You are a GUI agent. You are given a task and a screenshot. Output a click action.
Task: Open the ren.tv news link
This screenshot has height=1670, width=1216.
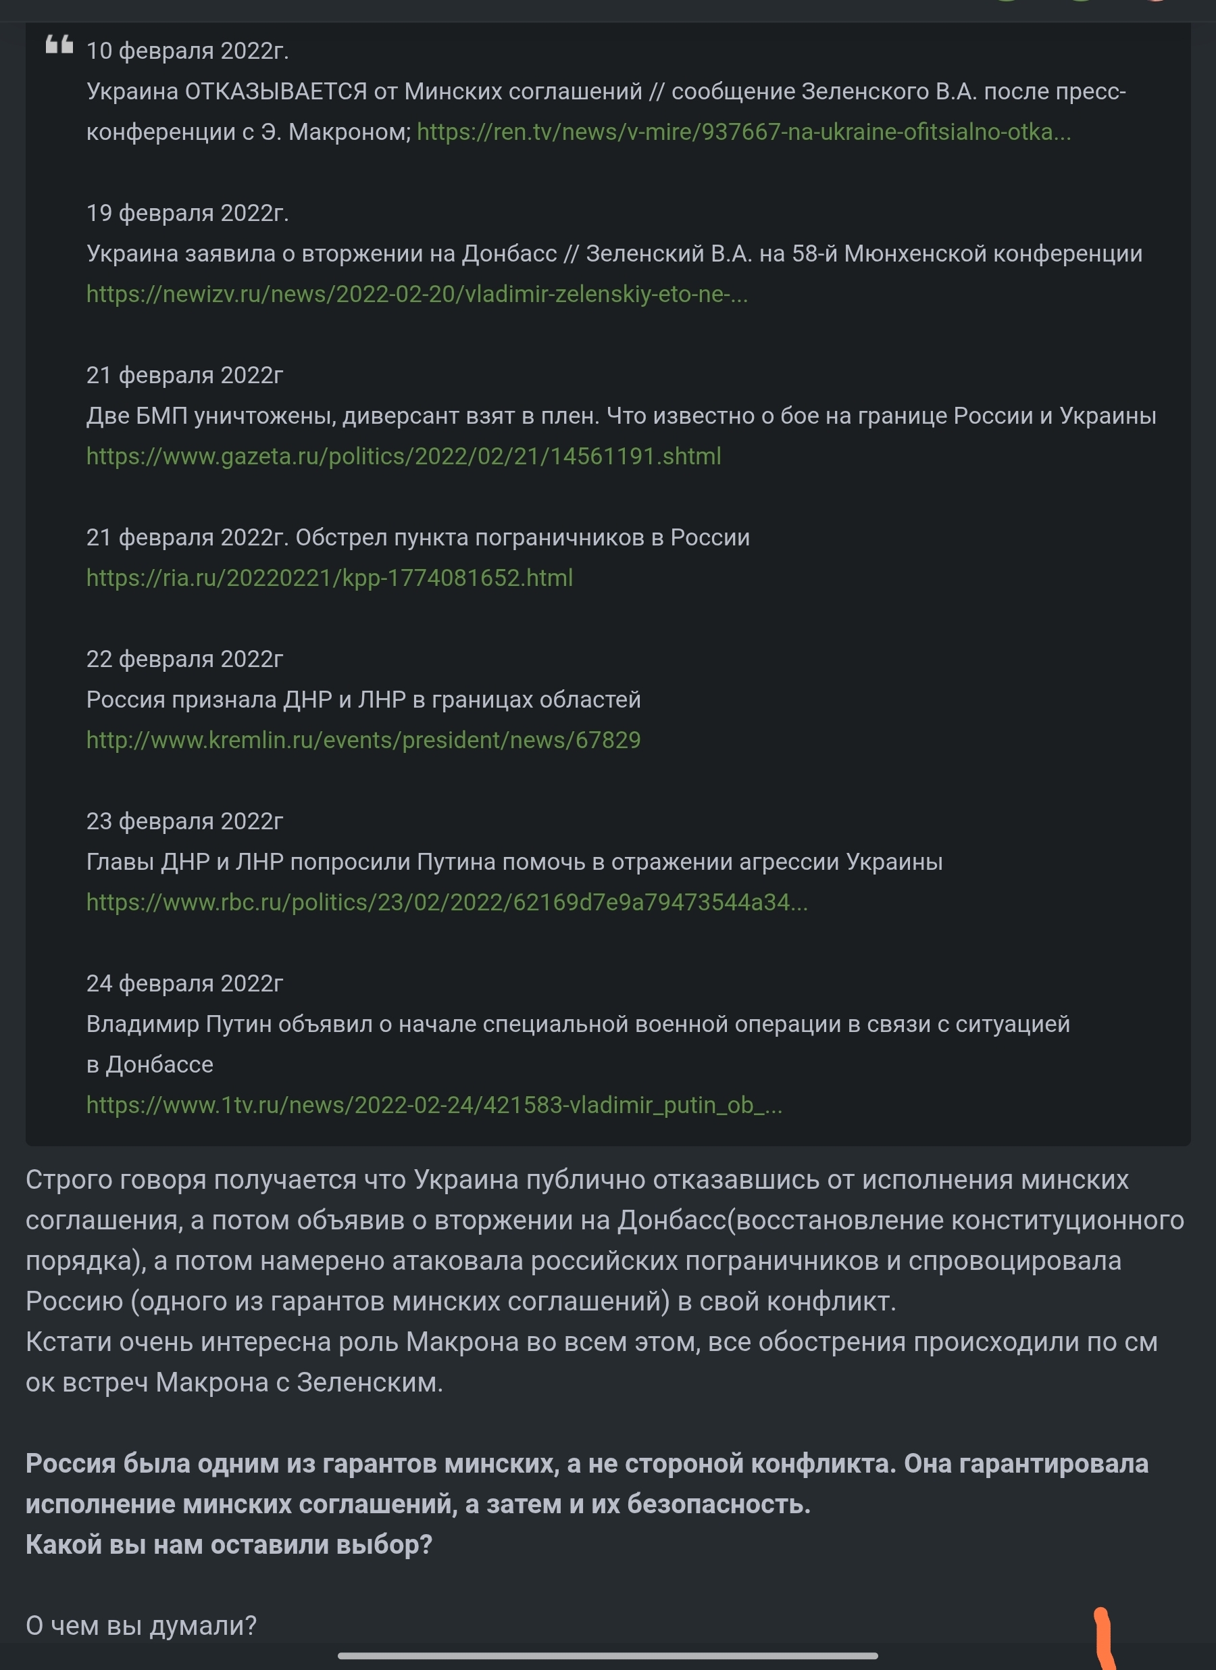click(x=743, y=132)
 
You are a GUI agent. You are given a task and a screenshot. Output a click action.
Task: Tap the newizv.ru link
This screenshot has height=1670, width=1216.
click(x=417, y=294)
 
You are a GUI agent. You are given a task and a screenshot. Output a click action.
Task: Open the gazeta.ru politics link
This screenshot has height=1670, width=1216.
click(x=403, y=456)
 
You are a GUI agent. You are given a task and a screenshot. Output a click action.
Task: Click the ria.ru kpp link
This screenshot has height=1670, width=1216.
click(x=329, y=577)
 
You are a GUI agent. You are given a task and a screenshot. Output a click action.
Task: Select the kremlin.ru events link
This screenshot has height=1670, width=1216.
click(x=363, y=739)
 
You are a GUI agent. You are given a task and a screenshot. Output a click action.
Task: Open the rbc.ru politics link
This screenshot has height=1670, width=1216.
click(x=447, y=902)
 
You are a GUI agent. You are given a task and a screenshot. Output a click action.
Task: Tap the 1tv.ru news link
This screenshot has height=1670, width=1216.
click(x=434, y=1104)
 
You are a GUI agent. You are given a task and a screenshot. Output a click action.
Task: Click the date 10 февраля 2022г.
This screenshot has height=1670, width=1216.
click(x=187, y=51)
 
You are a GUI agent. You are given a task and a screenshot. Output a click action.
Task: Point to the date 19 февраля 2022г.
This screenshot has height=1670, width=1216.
click(x=187, y=213)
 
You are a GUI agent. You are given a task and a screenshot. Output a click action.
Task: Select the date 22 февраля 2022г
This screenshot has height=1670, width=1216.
click(x=184, y=658)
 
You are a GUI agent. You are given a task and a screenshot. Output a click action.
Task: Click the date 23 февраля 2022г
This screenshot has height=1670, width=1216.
click(x=184, y=820)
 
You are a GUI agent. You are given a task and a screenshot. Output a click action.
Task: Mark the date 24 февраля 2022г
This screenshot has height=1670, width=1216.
click(x=184, y=982)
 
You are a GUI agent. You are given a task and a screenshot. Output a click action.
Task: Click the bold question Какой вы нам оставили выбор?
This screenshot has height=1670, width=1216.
click(x=229, y=1544)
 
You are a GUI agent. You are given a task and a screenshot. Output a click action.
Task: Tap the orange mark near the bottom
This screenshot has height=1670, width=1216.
click(x=1104, y=1638)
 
